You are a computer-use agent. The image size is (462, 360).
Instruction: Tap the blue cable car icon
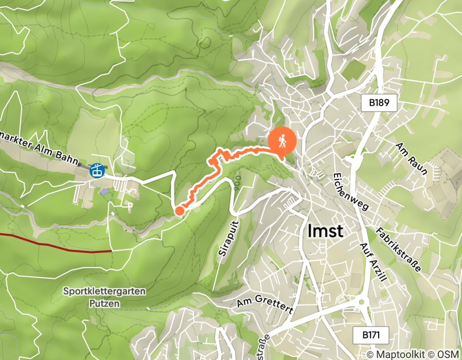[97, 170]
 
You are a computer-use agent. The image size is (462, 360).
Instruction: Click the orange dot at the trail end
[180, 210]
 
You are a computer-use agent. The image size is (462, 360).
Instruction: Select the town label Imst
[325, 231]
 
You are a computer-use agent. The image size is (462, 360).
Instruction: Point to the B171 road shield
[371, 335]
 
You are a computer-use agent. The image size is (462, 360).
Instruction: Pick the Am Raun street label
[411, 158]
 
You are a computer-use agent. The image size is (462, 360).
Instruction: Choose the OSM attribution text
[448, 354]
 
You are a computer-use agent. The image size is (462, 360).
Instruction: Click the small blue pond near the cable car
[105, 192]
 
